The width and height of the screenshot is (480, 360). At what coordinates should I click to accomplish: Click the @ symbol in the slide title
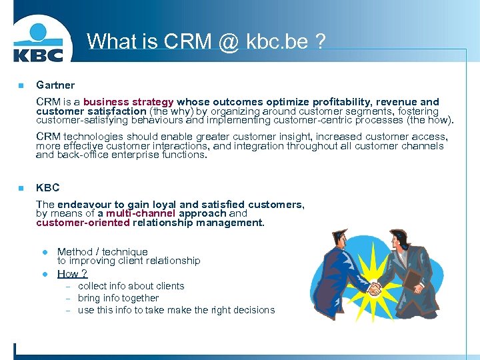coord(225,41)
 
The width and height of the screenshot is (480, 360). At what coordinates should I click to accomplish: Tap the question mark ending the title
coord(321,41)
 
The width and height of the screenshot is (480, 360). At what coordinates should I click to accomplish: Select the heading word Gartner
coord(55,85)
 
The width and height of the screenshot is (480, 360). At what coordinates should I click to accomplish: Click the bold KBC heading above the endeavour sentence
coord(47,188)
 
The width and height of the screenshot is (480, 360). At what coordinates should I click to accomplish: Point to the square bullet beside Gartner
coord(21,85)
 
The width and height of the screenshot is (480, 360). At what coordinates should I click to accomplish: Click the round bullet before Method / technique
coord(45,252)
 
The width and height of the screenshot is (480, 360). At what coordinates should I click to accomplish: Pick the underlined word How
coord(67,274)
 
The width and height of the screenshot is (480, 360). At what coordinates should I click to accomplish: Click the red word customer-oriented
coord(83,223)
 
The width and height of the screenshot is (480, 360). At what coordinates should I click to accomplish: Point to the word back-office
coord(81,155)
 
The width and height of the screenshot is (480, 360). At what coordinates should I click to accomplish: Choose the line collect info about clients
coord(131,286)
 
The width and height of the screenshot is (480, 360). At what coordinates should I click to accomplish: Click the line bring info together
coord(118,298)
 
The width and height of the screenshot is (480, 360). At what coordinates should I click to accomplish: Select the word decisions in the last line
coord(251,310)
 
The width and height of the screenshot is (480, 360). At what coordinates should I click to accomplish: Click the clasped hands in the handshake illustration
coord(374,289)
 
